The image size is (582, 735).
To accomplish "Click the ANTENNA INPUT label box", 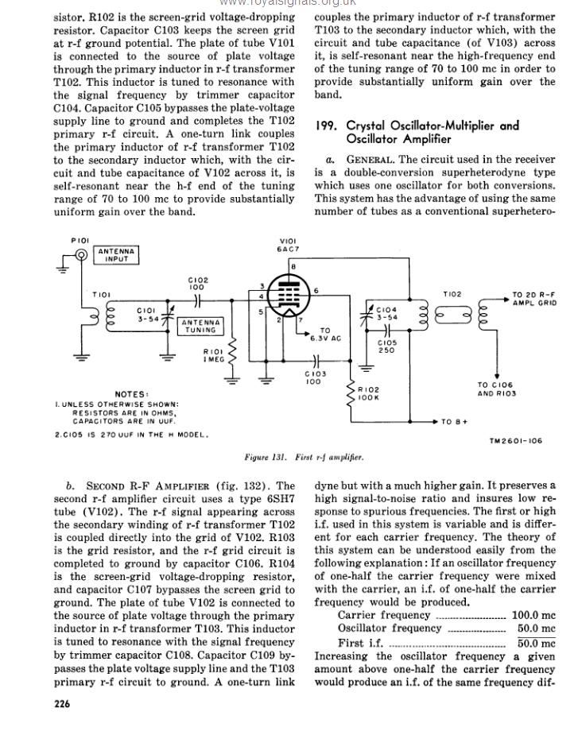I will coord(117,255).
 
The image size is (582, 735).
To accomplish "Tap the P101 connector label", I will coord(80,239).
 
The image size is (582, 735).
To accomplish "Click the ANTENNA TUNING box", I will coord(201,326).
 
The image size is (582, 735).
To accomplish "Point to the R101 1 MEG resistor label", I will coord(213,355).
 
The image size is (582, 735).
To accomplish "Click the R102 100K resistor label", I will coord(369,394).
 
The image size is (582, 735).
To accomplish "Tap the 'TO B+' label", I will coord(455,421).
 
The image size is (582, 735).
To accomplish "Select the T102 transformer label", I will coord(452,295).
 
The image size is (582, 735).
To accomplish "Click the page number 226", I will coord(62,703).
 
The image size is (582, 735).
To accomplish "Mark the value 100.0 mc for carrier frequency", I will coord(533,615).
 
